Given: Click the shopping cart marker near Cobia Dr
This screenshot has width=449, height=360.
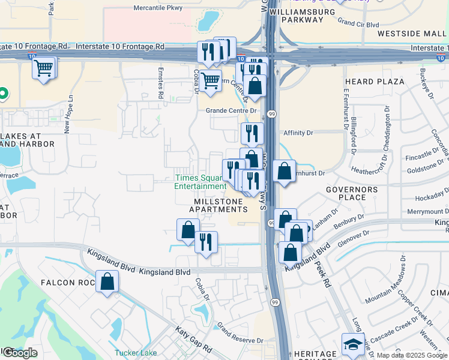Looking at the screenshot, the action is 210,80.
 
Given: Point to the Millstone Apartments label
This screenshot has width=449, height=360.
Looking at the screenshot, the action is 218,205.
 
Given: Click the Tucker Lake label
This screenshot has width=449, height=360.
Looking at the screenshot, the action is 136,353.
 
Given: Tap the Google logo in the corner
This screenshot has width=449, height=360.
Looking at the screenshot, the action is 20,353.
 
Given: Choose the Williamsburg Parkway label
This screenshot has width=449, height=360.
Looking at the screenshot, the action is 297,16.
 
